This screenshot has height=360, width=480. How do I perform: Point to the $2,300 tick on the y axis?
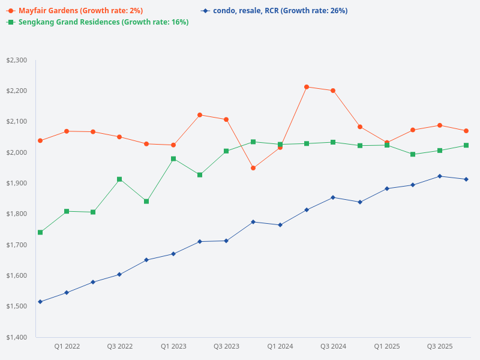pos(16,61)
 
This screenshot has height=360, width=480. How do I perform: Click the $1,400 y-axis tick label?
pos(16,337)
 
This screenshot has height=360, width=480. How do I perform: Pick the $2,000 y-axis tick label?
pos(16,152)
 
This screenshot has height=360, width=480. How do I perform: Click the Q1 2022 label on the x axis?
pos(67,347)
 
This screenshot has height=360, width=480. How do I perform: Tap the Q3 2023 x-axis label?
pos(226,347)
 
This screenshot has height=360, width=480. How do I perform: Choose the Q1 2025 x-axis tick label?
pos(386,347)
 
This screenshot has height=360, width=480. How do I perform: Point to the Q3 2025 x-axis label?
pos(440,347)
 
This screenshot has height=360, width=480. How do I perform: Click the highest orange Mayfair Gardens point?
pos(307,87)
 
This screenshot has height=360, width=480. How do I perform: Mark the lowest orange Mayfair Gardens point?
pos(253,168)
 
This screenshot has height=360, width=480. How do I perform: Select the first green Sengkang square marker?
pos(40,232)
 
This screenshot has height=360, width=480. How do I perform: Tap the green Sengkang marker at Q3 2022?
pos(119,179)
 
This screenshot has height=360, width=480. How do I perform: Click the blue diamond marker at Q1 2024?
pos(280,225)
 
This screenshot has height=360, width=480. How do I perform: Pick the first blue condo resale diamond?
pos(40,302)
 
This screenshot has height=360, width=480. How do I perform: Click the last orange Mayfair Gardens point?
pos(466,131)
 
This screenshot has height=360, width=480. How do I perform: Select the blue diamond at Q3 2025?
pos(440,176)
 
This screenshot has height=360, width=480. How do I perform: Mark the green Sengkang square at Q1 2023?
pos(173,159)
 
